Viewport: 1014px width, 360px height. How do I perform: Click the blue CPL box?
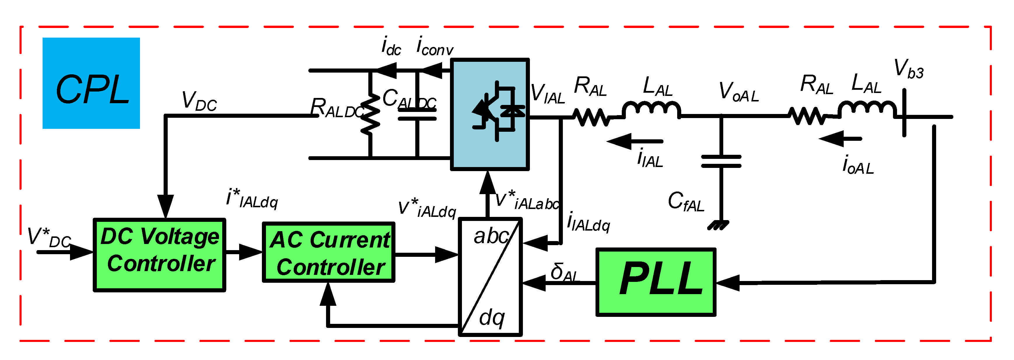[x=91, y=83]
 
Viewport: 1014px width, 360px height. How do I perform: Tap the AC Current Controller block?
[x=329, y=252]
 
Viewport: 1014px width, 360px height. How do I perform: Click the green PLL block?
[x=655, y=282]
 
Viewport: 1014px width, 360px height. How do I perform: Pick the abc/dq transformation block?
[x=490, y=277]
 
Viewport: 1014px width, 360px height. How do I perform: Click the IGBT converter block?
[x=490, y=114]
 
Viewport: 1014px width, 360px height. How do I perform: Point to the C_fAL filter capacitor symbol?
[x=721, y=161]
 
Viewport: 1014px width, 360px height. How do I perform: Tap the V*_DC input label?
[x=48, y=238]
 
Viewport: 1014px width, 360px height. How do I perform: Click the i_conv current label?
[x=434, y=46]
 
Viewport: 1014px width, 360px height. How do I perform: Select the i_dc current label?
[x=390, y=46]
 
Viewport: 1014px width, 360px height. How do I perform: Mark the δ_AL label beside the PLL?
[x=563, y=272]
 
